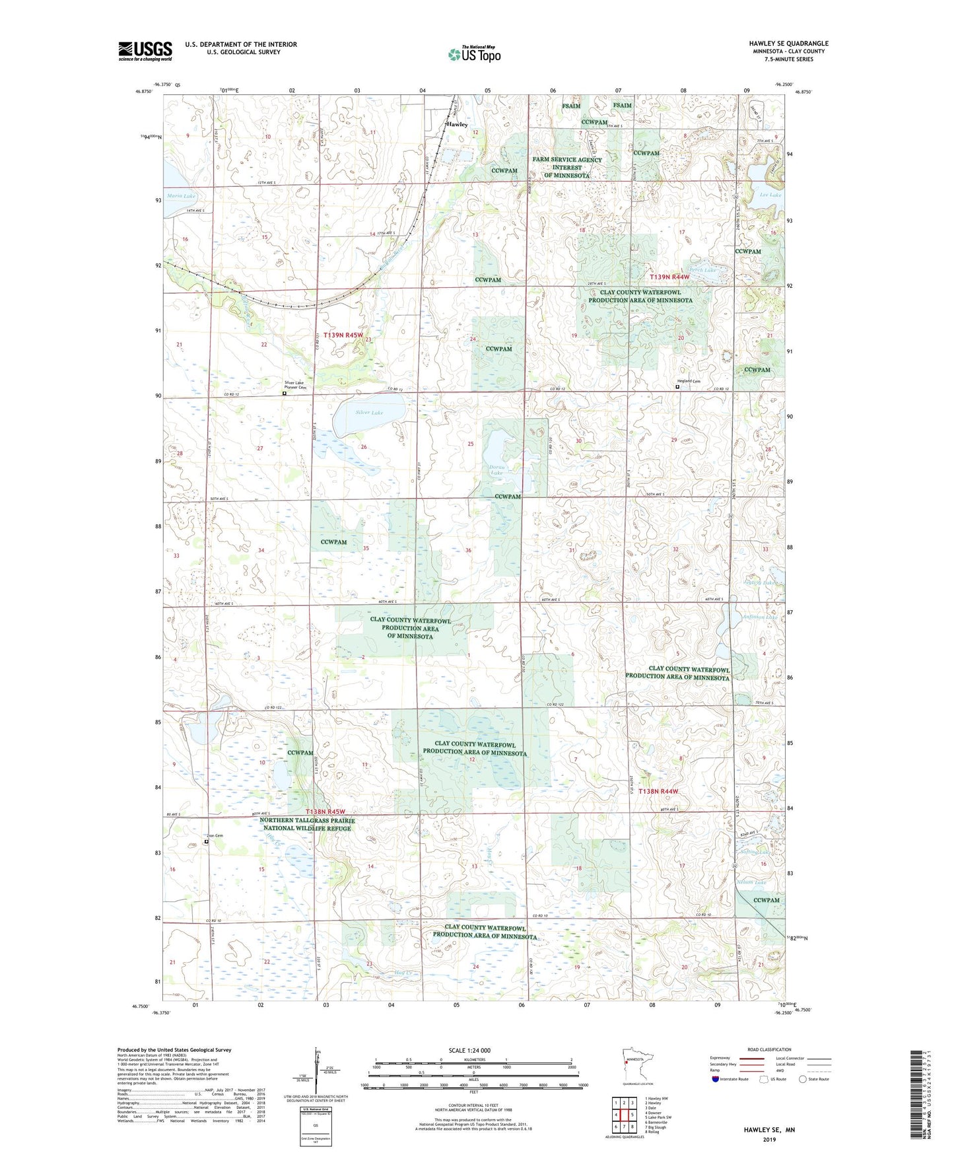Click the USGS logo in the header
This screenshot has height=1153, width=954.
point(145,51)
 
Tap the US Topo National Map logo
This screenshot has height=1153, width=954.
point(473,54)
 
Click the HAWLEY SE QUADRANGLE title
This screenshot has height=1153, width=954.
point(788,44)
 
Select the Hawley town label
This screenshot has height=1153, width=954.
point(457,124)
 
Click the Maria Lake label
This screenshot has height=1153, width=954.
point(181,196)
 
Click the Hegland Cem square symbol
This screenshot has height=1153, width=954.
point(677,387)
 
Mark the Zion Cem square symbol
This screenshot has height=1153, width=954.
point(206,841)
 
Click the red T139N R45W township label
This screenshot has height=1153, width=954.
point(343,335)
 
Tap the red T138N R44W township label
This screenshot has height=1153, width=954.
point(658,791)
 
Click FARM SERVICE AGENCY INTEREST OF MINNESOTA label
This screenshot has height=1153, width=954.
point(567,167)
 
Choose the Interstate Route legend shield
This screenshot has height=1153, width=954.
point(716,1079)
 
